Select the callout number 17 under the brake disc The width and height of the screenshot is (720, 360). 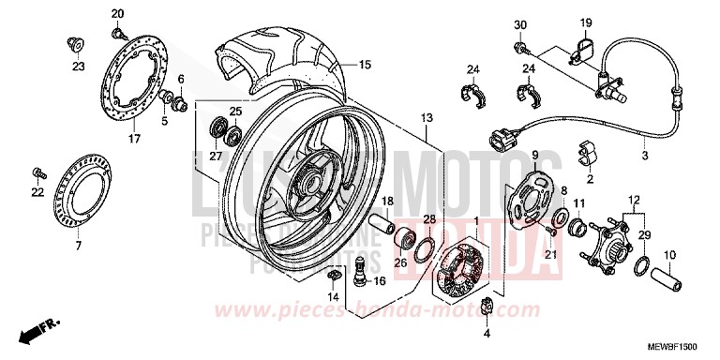[134, 139]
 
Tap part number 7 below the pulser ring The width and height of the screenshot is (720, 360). [78, 246]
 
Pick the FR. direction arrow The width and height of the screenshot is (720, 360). [37, 330]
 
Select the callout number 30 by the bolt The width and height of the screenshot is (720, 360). [520, 23]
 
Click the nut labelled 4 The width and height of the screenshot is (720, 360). [487, 304]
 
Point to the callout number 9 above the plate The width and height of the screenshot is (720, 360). [534, 155]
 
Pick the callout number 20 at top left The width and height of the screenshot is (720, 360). [117, 13]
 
